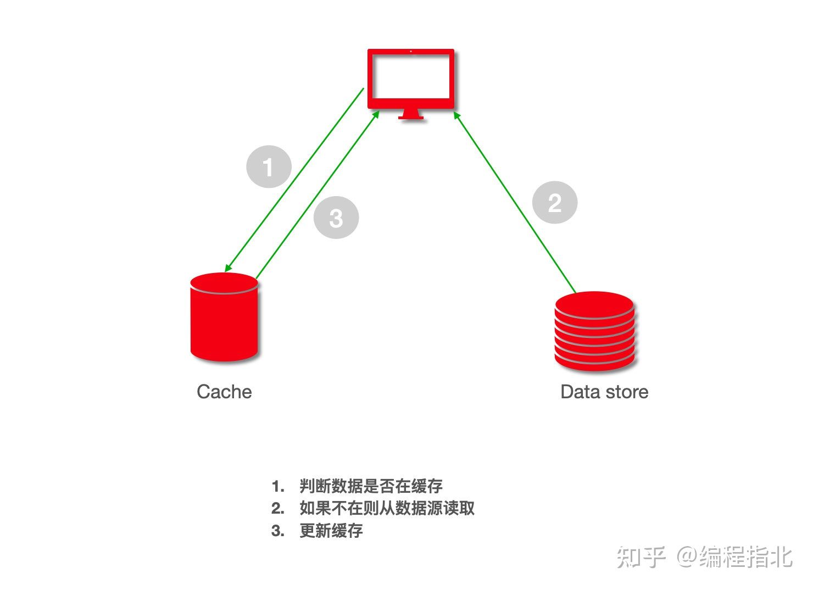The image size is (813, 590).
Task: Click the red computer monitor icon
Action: coord(410,80)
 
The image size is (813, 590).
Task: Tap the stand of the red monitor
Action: coord(411,114)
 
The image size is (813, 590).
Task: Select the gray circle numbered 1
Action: coord(269,166)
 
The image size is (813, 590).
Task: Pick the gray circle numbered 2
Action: coord(555,203)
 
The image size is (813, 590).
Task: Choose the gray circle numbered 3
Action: coord(336,218)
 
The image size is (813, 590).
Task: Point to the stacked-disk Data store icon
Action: coord(594,331)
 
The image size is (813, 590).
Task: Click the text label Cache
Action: coord(224,392)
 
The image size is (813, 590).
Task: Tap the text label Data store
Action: coord(604,392)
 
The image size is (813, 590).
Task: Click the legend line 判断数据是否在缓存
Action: coord(371,486)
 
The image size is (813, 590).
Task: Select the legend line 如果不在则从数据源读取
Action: coord(387,508)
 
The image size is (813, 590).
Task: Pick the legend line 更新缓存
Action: coord(331,531)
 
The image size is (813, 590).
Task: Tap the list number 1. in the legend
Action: coord(278,486)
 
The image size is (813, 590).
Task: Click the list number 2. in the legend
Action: coord(278,508)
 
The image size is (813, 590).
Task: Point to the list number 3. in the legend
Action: coord(278,531)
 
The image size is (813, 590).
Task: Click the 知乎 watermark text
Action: coord(641,556)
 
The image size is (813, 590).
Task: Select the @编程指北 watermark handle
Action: coord(734,556)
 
